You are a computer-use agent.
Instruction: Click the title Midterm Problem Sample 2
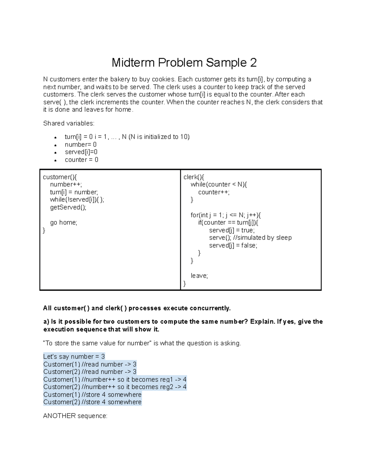(x=184, y=63)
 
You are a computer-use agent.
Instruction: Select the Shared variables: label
(x=69, y=123)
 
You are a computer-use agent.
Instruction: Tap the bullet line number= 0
(x=81, y=144)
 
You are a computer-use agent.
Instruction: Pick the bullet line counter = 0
(x=82, y=160)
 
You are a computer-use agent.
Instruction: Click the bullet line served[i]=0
(x=81, y=152)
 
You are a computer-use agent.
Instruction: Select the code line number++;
(x=66, y=185)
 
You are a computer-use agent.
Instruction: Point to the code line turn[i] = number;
(x=74, y=192)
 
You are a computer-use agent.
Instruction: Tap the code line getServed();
(x=68, y=208)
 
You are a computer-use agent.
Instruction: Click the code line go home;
(x=63, y=223)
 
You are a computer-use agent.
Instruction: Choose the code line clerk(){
(x=194, y=177)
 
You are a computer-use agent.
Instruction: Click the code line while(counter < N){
(x=219, y=185)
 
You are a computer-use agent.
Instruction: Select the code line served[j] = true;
(x=232, y=230)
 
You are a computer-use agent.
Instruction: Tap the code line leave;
(x=199, y=276)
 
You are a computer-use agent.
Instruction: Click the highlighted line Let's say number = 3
(x=74, y=356)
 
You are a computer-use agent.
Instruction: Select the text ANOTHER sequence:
(x=75, y=416)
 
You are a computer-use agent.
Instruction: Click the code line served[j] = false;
(x=233, y=246)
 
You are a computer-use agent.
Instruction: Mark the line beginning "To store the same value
(x=142, y=343)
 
